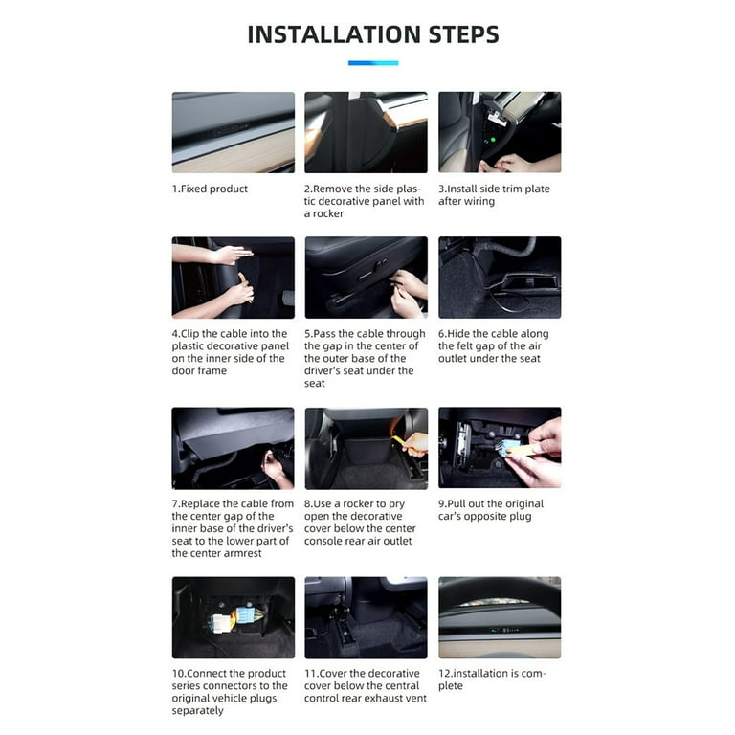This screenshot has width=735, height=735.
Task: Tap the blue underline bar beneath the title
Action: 372,63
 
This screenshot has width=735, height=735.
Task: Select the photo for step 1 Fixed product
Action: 233,132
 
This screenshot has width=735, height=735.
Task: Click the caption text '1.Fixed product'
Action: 210,189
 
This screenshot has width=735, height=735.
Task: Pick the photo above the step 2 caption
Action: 366,132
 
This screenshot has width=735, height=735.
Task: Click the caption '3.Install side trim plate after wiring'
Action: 495,195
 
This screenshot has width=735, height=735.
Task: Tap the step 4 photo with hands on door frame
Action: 233,278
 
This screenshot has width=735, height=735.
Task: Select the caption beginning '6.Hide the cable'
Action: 494,346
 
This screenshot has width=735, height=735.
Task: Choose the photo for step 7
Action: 233,448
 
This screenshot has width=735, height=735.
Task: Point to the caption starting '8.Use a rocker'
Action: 360,523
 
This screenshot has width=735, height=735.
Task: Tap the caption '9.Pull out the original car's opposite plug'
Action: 491,510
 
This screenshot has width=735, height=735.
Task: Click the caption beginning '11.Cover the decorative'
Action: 365,686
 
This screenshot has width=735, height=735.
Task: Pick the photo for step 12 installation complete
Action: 500,617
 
